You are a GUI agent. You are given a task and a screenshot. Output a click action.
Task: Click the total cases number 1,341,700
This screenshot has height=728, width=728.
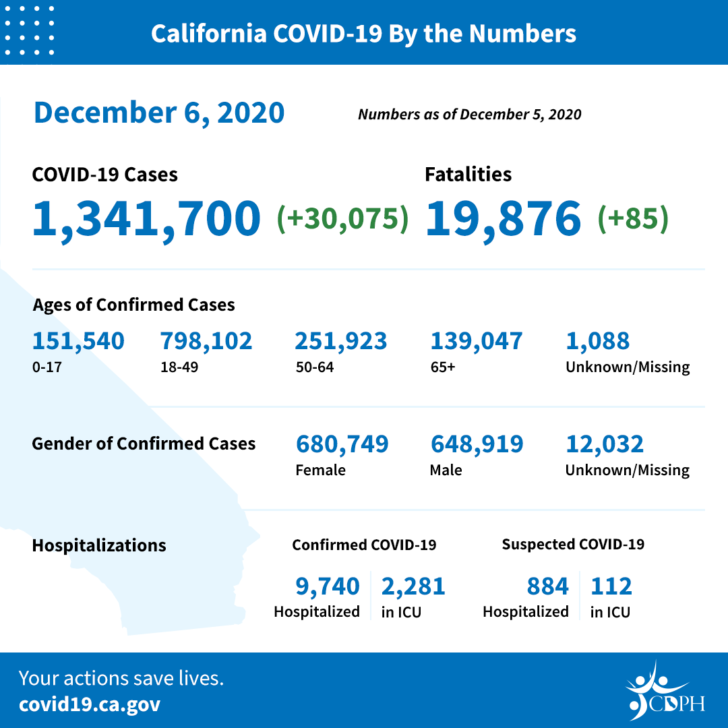[x=146, y=219]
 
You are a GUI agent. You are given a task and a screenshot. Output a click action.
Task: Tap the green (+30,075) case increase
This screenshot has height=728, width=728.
[x=343, y=219]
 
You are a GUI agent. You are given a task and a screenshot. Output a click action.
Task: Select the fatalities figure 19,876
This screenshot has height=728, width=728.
[x=503, y=219]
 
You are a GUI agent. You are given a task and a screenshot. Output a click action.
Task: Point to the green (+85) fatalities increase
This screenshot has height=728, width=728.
[x=633, y=219]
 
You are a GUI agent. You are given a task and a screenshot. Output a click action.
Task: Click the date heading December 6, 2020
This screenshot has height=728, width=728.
[x=159, y=113]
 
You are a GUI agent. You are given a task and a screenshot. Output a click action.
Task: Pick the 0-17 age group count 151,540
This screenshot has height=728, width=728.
[x=78, y=341]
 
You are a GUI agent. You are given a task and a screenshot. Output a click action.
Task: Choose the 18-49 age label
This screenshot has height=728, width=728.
[x=175, y=367]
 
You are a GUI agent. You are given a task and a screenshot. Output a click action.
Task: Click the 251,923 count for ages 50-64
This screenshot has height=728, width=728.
[x=340, y=341]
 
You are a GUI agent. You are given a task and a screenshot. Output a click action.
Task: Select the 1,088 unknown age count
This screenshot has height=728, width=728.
[x=598, y=341]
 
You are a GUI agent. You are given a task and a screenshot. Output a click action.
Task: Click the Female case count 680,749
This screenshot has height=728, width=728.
[x=342, y=444]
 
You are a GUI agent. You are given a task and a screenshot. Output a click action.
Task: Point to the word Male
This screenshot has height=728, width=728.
[x=446, y=470]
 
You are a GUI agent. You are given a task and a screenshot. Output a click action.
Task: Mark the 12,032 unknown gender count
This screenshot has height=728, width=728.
[x=605, y=444]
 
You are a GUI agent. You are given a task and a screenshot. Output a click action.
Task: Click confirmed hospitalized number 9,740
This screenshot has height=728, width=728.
[x=328, y=586]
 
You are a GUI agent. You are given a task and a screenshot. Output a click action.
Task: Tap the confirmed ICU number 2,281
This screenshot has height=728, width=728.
[x=413, y=586]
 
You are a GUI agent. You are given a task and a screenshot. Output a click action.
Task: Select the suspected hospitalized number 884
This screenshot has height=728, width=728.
[x=547, y=586]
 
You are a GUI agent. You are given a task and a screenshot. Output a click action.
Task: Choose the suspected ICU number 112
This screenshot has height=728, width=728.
[x=611, y=586]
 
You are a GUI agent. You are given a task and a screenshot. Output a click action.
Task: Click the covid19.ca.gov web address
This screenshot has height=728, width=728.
[x=90, y=705]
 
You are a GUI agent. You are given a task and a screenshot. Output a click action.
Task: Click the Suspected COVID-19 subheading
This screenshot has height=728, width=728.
[x=573, y=544]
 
